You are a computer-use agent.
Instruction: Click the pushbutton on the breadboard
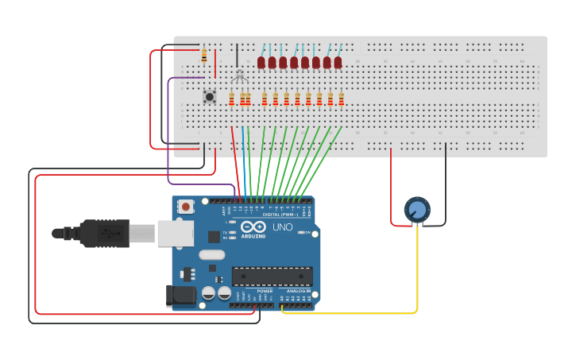pyautogui.click(x=210, y=97)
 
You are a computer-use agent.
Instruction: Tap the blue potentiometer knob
pyautogui.click(x=417, y=210)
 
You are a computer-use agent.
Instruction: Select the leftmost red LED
pyautogui.click(x=261, y=62)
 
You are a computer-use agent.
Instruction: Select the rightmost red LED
pyautogui.click(x=338, y=62)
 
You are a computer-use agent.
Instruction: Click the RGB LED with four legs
pyautogui.click(x=238, y=75)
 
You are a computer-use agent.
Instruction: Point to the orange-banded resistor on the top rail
pyautogui.click(x=204, y=56)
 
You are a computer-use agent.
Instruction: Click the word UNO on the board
pyautogui.click(x=283, y=227)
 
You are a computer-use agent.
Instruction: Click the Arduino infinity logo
pyautogui.click(x=253, y=227)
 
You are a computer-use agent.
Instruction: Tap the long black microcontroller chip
pyautogui.click(x=272, y=276)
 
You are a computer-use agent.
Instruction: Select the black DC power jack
pyautogui.click(x=181, y=296)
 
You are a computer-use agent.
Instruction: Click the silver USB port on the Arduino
pyautogui.click(x=175, y=233)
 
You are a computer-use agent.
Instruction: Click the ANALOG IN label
pyautogui.click(x=299, y=291)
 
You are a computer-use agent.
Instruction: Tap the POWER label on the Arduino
pyautogui.click(x=265, y=291)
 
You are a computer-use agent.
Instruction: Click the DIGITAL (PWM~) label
pyautogui.click(x=280, y=215)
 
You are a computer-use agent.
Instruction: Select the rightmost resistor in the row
pyautogui.click(x=342, y=99)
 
